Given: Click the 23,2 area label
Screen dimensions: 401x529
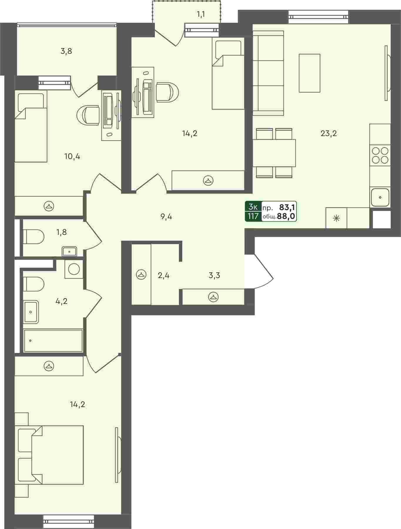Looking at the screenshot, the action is click(x=328, y=134).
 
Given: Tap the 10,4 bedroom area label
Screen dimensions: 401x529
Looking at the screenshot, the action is click(x=72, y=156).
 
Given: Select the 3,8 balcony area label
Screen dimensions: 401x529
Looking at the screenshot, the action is click(x=66, y=51).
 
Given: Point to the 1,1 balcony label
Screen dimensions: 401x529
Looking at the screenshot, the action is click(x=201, y=14).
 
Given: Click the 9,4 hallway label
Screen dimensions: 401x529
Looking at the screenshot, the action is click(x=166, y=217).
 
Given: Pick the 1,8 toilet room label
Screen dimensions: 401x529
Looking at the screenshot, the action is click(x=62, y=232).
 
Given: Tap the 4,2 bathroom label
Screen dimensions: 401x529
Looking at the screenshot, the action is click(x=62, y=301).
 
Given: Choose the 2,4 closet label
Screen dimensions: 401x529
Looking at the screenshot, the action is click(x=164, y=276).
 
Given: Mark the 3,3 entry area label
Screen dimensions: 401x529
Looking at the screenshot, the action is click(x=214, y=276).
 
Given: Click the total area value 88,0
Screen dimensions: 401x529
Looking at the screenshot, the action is click(x=286, y=217).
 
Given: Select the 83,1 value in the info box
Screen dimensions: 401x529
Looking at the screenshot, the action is click(x=287, y=208).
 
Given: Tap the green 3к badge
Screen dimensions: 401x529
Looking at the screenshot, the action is click(x=253, y=207).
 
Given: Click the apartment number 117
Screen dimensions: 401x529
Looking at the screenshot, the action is click(x=253, y=217).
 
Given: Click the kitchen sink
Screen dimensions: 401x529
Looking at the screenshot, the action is click(x=380, y=197).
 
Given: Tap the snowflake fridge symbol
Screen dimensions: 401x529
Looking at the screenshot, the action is click(x=336, y=218).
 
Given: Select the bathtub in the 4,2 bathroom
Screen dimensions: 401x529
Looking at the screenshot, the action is click(x=53, y=340).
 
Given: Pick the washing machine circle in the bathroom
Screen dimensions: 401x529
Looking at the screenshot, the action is click(x=74, y=269).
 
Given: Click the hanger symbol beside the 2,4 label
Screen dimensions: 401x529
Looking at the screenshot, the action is click(x=141, y=275).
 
